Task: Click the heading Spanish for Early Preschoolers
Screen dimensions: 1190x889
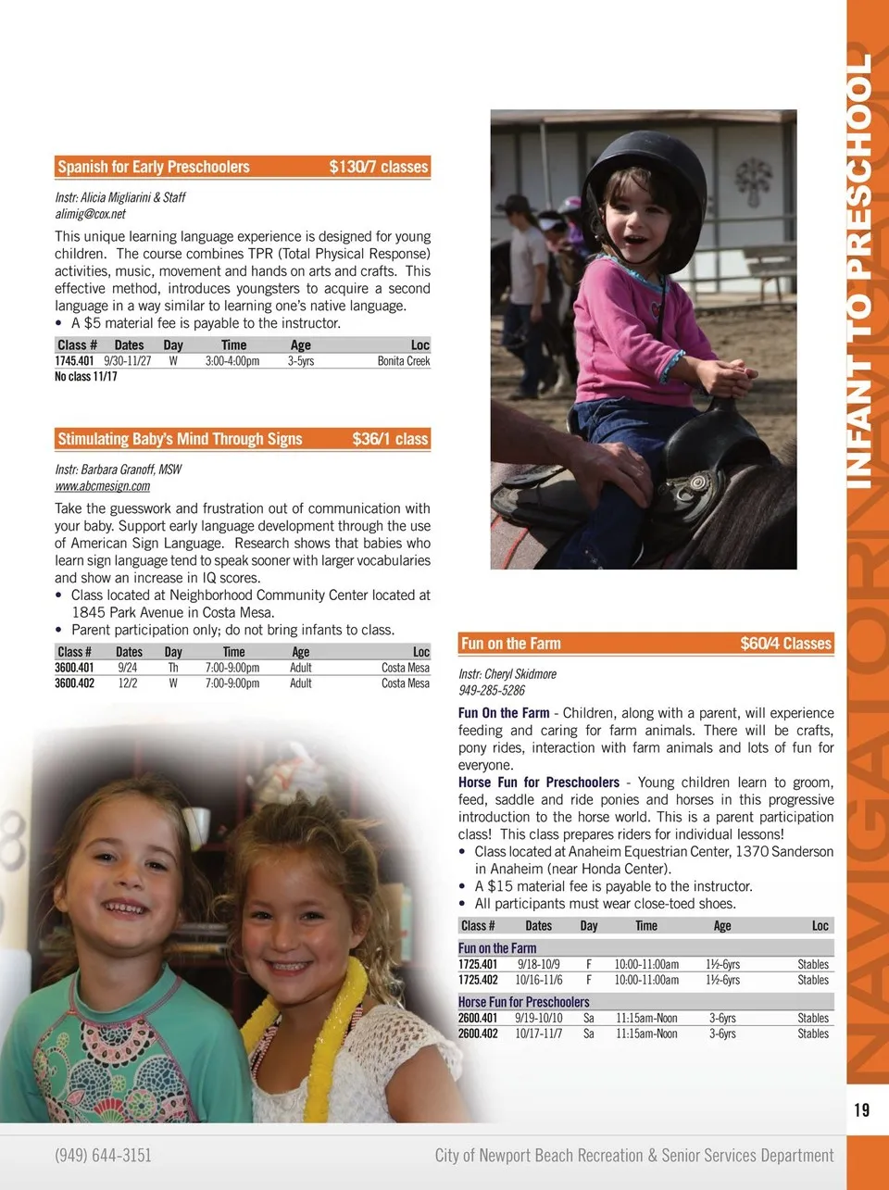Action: pyautogui.click(x=154, y=168)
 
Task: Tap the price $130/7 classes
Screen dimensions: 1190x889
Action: pyautogui.click(x=379, y=168)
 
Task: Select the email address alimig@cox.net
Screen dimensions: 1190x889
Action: pyautogui.click(x=90, y=214)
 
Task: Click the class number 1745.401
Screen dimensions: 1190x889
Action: pyautogui.click(x=74, y=361)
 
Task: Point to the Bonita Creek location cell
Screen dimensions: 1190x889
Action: pyautogui.click(x=404, y=361)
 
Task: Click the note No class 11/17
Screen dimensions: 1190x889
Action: pyautogui.click(x=86, y=377)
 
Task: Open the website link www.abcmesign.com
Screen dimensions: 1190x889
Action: pyautogui.click(x=102, y=486)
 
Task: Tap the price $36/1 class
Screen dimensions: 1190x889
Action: pyautogui.click(x=390, y=439)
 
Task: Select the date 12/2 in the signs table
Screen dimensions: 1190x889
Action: pyautogui.click(x=127, y=683)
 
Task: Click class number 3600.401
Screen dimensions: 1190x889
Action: pyautogui.click(x=74, y=668)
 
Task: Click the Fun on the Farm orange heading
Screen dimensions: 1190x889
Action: pyautogui.click(x=511, y=644)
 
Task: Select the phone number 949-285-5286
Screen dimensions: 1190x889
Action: pyautogui.click(x=492, y=690)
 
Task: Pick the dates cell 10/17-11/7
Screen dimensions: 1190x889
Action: pyautogui.click(x=539, y=1033)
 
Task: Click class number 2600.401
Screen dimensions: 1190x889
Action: pyautogui.click(x=478, y=1018)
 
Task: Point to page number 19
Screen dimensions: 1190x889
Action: pyautogui.click(x=861, y=1109)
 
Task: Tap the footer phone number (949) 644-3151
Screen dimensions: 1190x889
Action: pyautogui.click(x=103, y=1155)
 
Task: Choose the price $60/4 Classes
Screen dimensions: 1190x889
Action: pyautogui.click(x=785, y=644)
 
